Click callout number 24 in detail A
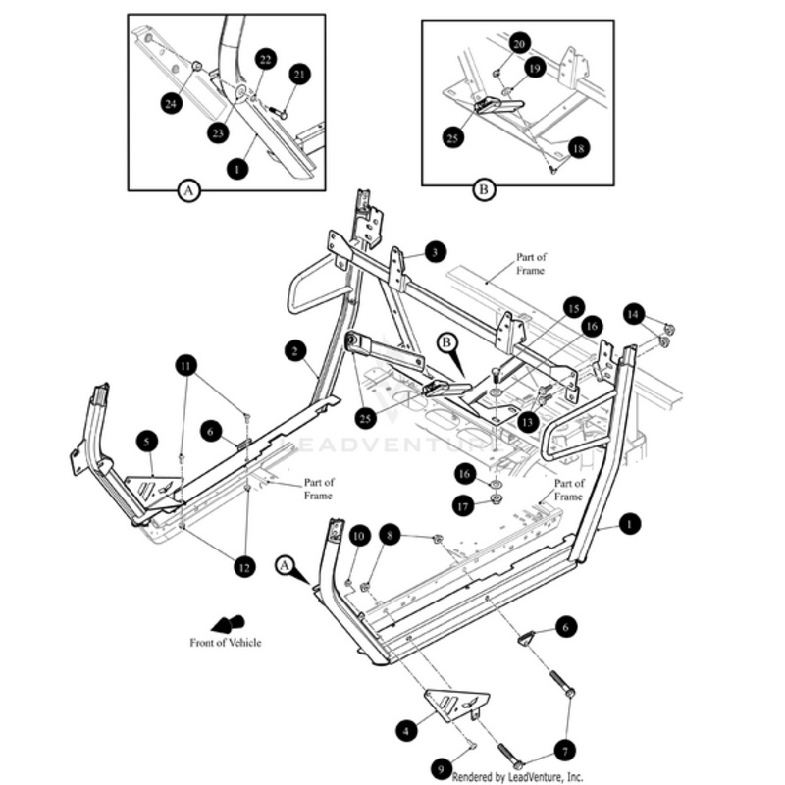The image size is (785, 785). pyautogui.click(x=173, y=102)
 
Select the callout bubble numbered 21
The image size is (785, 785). pyautogui.click(x=299, y=75)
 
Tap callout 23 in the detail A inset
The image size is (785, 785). pyautogui.click(x=218, y=131)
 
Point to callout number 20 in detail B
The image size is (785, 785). pyautogui.click(x=520, y=43)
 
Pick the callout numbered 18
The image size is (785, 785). pyautogui.click(x=578, y=147)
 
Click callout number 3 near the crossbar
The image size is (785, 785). pyautogui.click(x=436, y=251)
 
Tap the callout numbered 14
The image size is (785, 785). pyautogui.click(x=634, y=314)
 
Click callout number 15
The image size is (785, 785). pyautogui.click(x=573, y=308)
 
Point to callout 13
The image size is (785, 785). pyautogui.click(x=529, y=421)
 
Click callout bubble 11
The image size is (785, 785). pyautogui.click(x=186, y=367)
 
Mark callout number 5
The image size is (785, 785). pyautogui.click(x=146, y=442)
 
